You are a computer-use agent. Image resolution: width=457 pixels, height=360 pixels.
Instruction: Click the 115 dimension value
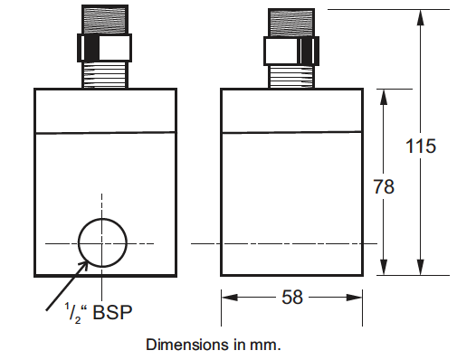421,147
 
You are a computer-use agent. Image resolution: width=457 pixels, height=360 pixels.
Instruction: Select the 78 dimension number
384,186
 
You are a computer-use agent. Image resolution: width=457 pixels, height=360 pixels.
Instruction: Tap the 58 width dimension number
292,298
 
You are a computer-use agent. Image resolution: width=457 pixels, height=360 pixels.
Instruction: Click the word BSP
112,312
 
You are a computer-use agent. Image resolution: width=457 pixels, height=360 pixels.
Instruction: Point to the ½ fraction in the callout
72,314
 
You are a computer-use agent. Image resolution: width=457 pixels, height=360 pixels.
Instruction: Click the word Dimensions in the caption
187,345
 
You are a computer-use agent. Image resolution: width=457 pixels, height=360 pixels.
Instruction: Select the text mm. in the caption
265,346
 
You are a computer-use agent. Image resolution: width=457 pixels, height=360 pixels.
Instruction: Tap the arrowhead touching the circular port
83,266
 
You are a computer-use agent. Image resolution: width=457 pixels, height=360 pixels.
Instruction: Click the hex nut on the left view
104,48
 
